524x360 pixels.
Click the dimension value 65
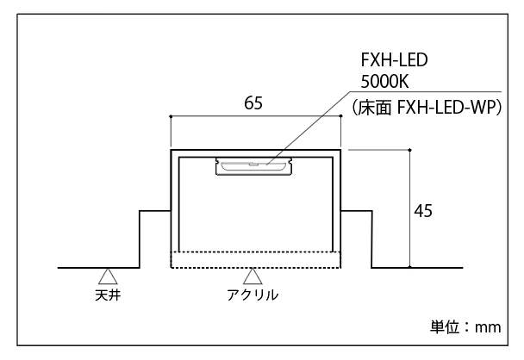[253, 103]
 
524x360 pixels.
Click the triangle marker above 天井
[108, 276]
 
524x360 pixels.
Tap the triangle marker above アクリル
[253, 276]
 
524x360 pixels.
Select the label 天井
[108, 295]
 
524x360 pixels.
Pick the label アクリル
[253, 295]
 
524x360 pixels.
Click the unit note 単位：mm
[465, 327]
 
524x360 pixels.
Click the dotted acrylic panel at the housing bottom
[256, 259]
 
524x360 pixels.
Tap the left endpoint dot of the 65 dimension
[172, 117]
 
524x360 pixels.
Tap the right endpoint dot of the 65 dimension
[341, 117]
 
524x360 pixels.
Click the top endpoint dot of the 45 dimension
[410, 150]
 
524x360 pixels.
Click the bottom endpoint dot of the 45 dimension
[410, 268]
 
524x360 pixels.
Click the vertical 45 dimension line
[410, 233]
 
